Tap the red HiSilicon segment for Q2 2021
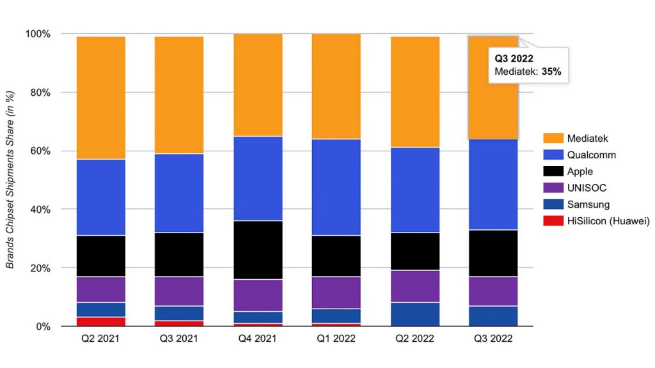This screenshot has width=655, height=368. point(101,321)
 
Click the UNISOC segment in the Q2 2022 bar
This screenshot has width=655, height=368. point(415,286)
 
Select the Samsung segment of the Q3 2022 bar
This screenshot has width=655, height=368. point(494,316)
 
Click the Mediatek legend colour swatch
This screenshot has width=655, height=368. point(553,138)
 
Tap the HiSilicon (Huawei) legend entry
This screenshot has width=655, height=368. point(608,221)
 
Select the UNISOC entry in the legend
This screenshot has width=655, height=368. point(586,188)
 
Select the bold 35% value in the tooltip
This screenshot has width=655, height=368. point(551,72)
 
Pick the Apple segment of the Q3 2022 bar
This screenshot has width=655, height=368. point(494,253)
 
